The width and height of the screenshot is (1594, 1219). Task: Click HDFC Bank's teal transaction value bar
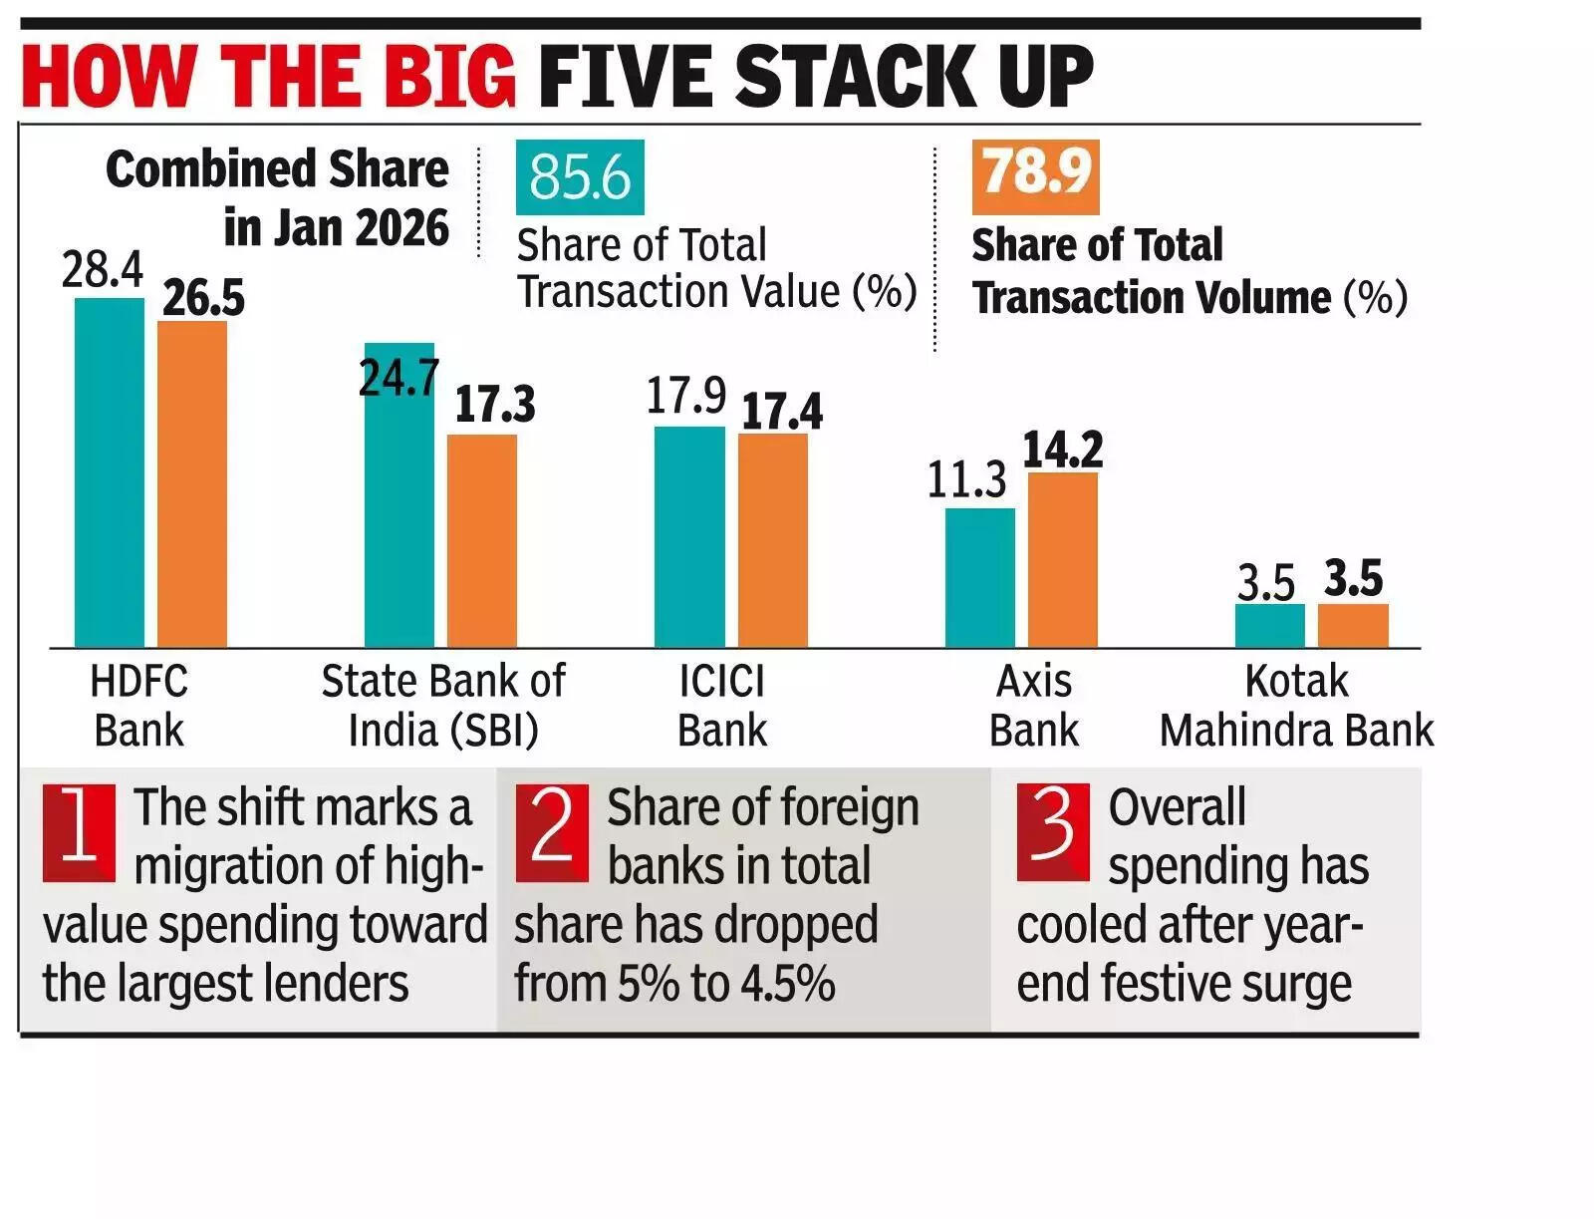pos(110,473)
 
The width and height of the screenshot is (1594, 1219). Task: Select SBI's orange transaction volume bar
pos(481,541)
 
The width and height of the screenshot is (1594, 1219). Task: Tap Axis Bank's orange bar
pos(1062,560)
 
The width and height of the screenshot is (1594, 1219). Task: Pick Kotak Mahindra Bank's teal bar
pos(1269,626)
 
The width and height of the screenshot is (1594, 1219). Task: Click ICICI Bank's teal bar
pos(689,537)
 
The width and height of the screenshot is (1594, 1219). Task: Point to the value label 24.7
pos(398,378)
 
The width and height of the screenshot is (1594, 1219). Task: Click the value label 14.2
pos(1063,450)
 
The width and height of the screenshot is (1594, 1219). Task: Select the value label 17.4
pos(782,412)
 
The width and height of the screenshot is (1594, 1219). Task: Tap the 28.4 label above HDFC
pos(102,269)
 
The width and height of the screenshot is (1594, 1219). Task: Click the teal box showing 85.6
pos(580,177)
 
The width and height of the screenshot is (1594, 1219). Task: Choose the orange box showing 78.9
pos(1035,176)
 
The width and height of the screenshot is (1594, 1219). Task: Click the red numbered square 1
pos(79,832)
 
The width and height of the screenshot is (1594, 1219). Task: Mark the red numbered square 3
pos(1053,832)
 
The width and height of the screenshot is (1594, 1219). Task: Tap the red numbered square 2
pos(552,832)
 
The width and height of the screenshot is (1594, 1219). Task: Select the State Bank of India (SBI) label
pos(443,706)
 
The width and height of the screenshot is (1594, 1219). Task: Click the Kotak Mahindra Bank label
pos(1296,706)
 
